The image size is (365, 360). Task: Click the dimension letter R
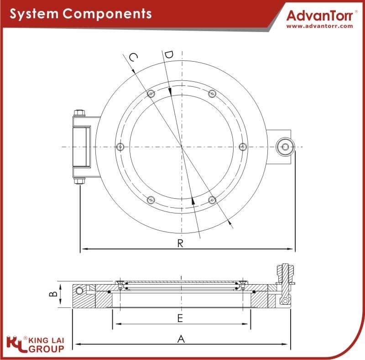[180, 243]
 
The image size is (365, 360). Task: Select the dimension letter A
[181, 339]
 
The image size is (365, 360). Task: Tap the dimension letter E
[180, 318]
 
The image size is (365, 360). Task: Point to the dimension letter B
[53, 294]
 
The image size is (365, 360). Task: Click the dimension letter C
[133, 57]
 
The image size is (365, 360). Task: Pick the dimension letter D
[168, 55]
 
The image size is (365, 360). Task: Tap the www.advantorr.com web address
[320, 26]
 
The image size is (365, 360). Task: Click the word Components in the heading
[107, 14]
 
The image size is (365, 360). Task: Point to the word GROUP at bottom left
[47, 349]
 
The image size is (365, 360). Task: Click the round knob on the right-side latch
[285, 147]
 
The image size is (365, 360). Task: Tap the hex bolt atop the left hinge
[79, 113]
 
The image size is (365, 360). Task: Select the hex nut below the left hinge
[79, 181]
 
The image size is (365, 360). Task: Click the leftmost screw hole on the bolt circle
[120, 147]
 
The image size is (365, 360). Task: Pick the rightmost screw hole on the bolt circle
[243, 147]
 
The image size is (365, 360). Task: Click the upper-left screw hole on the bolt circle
[151, 94]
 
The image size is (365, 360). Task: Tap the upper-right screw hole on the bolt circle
[212, 94]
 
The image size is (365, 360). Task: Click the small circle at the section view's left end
[79, 291]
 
